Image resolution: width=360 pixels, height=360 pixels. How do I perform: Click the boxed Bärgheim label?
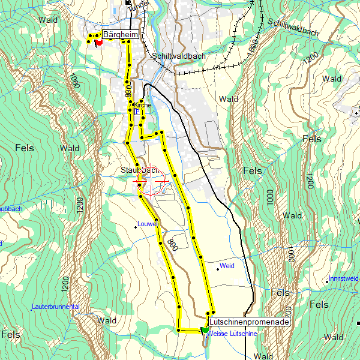coord(121,35)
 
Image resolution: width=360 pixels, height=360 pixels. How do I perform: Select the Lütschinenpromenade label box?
coord(249,322)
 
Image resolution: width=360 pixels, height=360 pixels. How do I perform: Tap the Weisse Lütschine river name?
coord(233,334)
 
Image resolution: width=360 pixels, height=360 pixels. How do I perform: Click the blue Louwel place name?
coord(147,224)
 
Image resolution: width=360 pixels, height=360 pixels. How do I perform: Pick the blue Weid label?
coord(227,265)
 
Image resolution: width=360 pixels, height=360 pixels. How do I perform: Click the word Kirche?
coord(142,105)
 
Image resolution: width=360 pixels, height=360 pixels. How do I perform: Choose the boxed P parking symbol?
coord(137,112)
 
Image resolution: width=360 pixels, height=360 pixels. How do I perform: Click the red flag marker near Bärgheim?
coord(99,43)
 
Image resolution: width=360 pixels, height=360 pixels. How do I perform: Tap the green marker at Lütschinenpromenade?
coord(205,329)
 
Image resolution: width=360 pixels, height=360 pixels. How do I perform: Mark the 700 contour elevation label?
coord(289,313)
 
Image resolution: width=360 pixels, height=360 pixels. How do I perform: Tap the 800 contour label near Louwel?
coord(172,244)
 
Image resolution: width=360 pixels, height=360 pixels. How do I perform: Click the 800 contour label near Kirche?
coord(128,91)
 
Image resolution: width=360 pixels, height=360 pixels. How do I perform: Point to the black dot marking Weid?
coord(218,269)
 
